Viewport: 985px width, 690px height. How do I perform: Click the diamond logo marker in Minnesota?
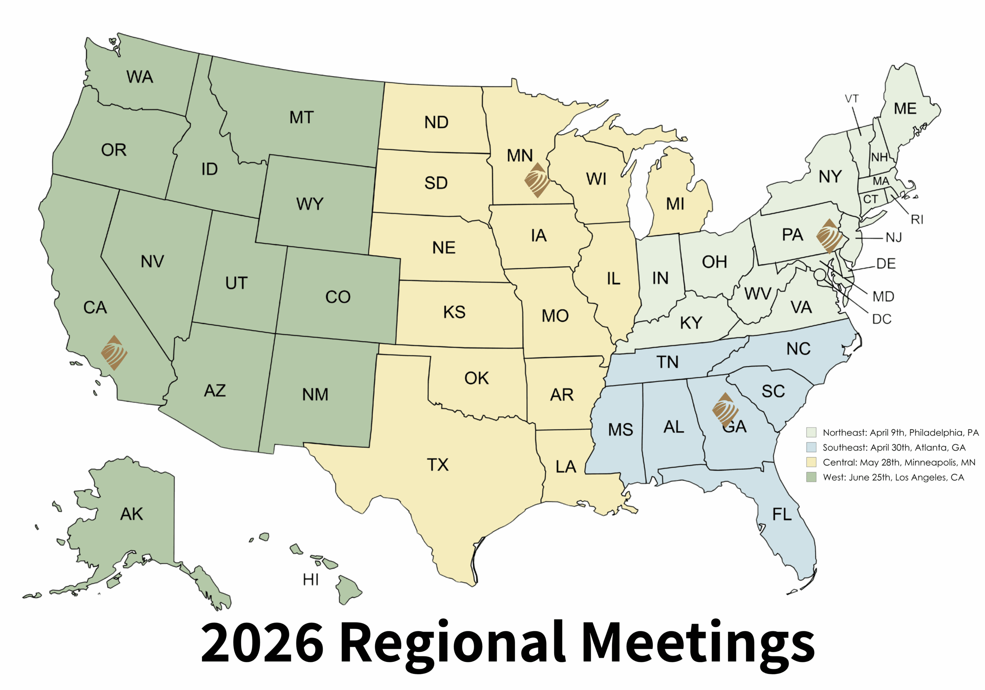coord(537,180)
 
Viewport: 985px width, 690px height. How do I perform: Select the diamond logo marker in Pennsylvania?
coord(829,236)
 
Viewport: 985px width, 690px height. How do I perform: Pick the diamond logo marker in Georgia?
coord(725,410)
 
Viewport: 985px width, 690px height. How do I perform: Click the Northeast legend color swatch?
coord(811,432)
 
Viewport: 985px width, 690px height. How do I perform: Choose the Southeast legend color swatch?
coord(811,447)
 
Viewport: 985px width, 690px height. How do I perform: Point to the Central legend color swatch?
coord(811,462)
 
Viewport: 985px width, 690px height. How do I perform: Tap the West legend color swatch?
coord(811,477)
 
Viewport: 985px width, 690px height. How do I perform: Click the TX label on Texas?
coord(437,465)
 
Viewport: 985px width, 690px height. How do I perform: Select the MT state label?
coord(301,117)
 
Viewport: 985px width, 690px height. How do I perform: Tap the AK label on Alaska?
coord(131,514)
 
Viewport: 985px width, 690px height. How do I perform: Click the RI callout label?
coord(917,219)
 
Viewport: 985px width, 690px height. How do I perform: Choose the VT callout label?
coord(851,99)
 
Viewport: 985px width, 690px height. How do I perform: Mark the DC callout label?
coord(881,319)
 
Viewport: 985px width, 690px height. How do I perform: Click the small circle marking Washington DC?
coord(820,275)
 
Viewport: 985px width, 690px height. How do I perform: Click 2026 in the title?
coord(262,643)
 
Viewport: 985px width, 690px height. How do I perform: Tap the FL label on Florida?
coord(781,514)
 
